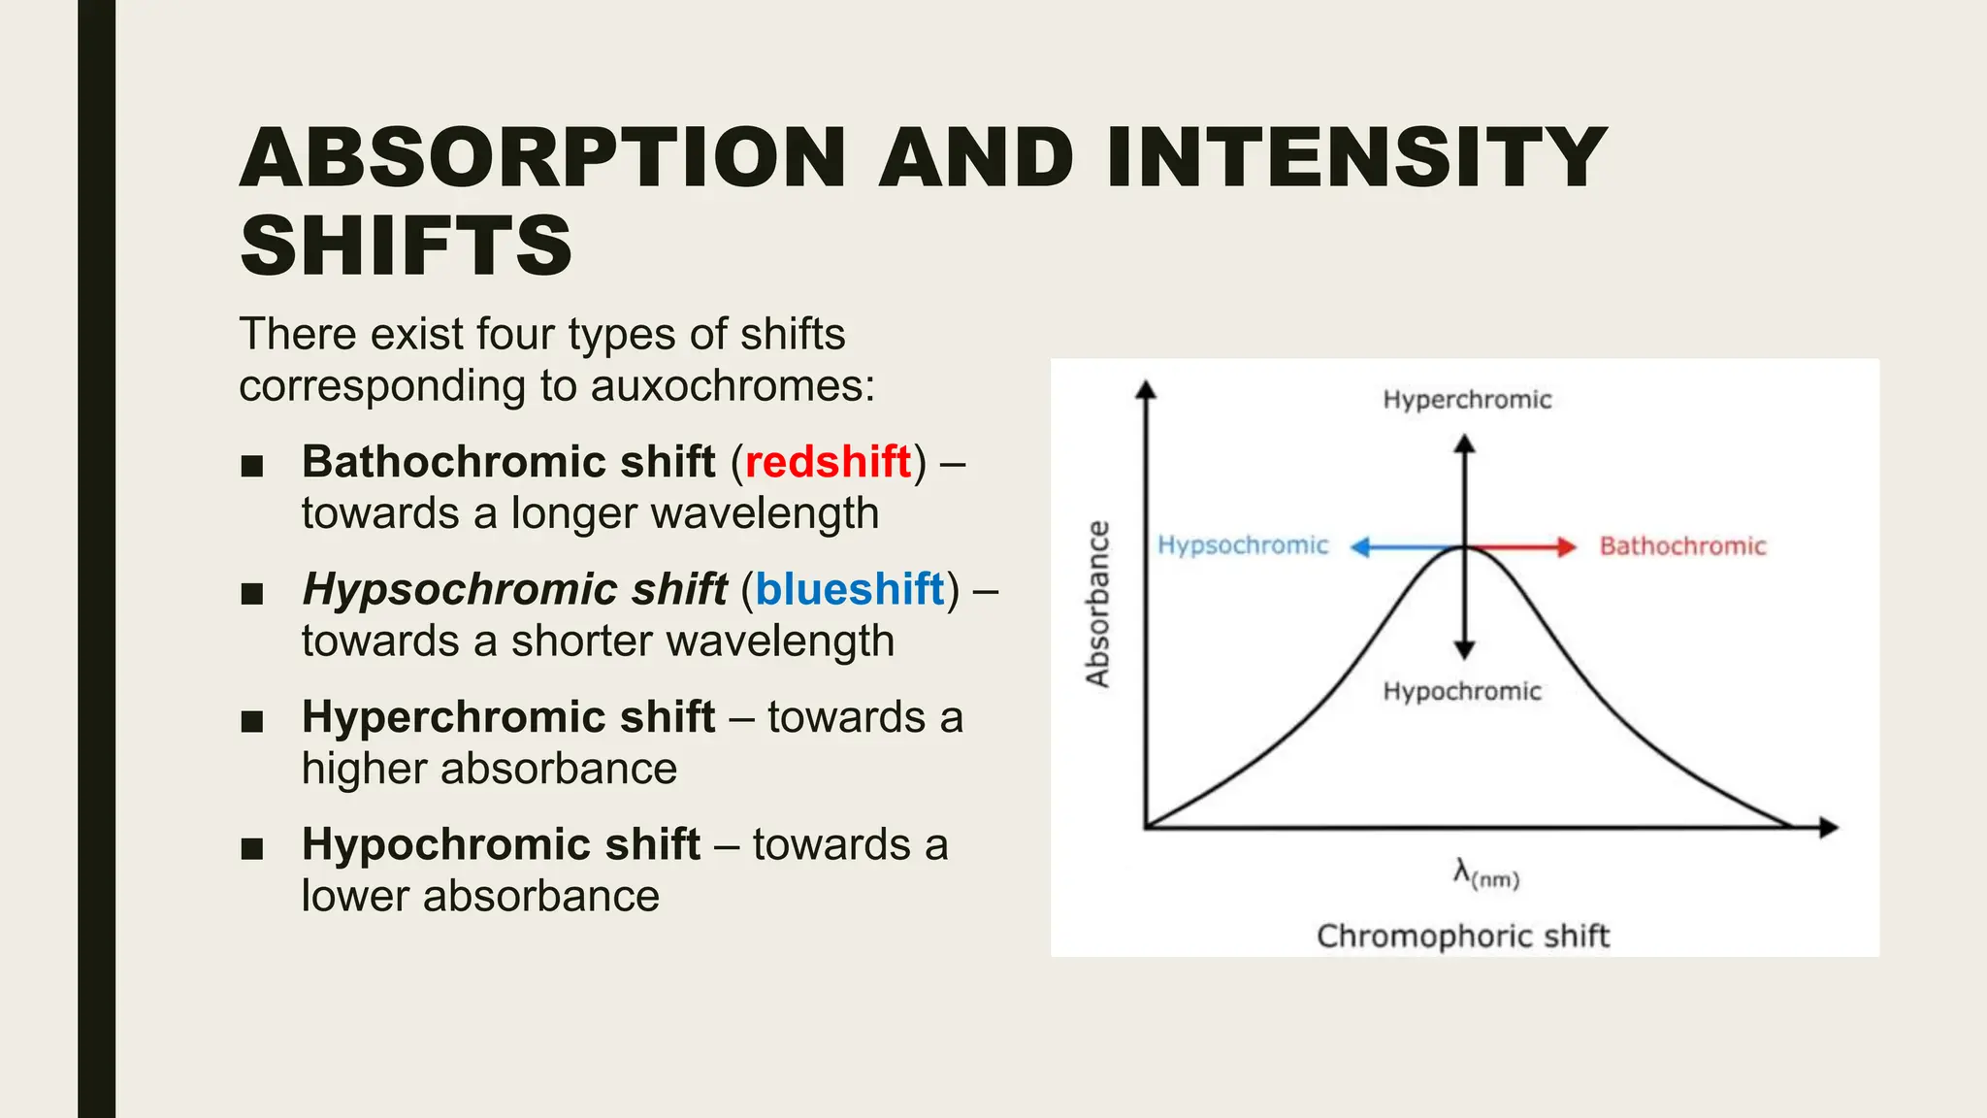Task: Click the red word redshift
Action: click(828, 462)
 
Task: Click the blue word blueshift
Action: click(849, 590)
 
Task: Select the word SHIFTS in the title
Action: click(406, 247)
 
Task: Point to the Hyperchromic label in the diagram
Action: click(1466, 400)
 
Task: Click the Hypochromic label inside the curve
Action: click(1461, 691)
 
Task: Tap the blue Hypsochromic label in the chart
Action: click(1242, 545)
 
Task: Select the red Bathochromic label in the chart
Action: click(1682, 546)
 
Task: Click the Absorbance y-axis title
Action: click(1097, 604)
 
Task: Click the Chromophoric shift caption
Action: click(1462, 937)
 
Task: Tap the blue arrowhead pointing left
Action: click(1360, 547)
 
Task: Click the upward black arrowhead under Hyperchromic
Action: click(1465, 444)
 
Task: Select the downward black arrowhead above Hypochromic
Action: click(1465, 650)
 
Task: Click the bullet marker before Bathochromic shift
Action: click(252, 466)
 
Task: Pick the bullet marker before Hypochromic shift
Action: click(252, 848)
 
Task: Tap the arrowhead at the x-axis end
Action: click(1829, 828)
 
